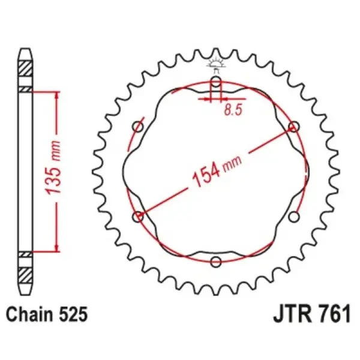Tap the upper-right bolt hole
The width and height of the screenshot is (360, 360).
coord(293,127)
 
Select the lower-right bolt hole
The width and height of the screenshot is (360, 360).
coord(293,216)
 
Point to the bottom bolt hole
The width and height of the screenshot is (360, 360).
coord(216,261)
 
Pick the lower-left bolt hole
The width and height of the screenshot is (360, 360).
coord(139,216)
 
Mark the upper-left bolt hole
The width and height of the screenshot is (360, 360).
coord(139,127)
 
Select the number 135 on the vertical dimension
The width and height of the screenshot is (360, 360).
coord(53,177)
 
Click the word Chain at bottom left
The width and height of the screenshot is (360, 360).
coord(27,314)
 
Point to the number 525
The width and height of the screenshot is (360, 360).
coord(74,314)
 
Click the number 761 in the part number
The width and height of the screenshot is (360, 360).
coord(332,314)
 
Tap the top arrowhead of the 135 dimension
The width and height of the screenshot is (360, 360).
coord(56,94)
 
